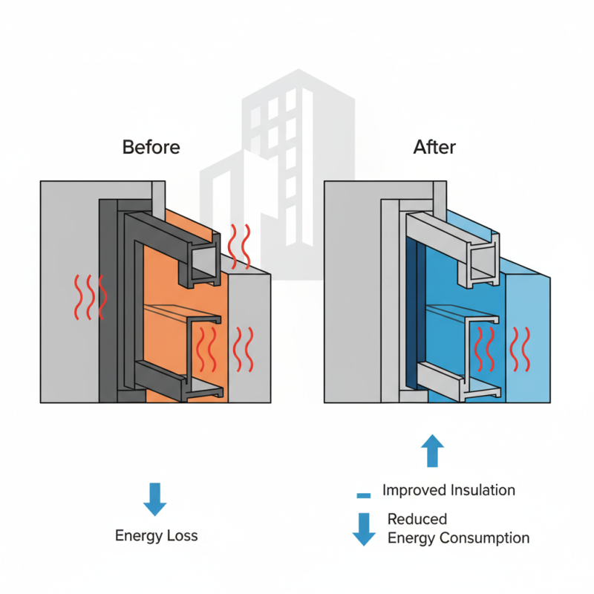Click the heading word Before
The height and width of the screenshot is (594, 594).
pyautogui.click(x=151, y=147)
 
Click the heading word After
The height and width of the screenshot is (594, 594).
pyautogui.click(x=434, y=147)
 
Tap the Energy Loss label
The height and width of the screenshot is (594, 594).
pyautogui.click(x=156, y=535)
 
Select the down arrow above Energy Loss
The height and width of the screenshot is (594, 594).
pyautogui.click(x=155, y=499)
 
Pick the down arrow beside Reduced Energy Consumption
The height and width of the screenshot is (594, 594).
pyautogui.click(x=363, y=529)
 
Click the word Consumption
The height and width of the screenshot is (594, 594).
pyautogui.click(x=485, y=538)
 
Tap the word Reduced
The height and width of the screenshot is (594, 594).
pyautogui.click(x=417, y=519)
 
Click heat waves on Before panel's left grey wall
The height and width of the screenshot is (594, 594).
pyautogui.click(x=90, y=297)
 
